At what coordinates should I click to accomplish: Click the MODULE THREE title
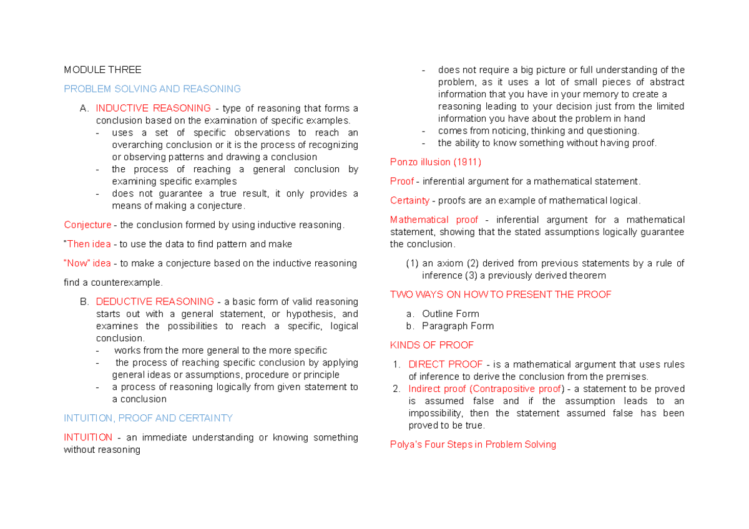[x=102, y=70]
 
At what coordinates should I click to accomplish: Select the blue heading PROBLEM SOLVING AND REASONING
[x=152, y=89]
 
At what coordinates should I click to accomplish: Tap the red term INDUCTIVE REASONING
[x=153, y=108]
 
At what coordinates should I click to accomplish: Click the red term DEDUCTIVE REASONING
[x=155, y=302]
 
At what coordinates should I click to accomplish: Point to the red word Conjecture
[x=87, y=225]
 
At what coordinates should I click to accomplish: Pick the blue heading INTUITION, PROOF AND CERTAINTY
[x=148, y=418]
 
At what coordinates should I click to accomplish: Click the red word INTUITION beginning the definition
[x=88, y=437]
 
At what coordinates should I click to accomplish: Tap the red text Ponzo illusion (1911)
[x=435, y=162]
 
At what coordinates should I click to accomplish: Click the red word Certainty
[x=409, y=200]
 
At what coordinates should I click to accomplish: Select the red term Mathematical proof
[x=434, y=220]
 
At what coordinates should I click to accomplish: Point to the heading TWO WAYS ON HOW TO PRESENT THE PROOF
[x=501, y=294]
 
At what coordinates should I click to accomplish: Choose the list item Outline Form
[x=450, y=314]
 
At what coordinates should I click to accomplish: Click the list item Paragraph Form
[x=458, y=326]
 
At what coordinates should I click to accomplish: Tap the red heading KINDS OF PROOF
[x=431, y=345]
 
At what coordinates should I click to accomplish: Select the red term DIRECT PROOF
[x=445, y=364]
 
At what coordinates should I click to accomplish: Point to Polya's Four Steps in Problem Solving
[x=472, y=445]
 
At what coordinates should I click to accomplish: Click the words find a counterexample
[x=112, y=283]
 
